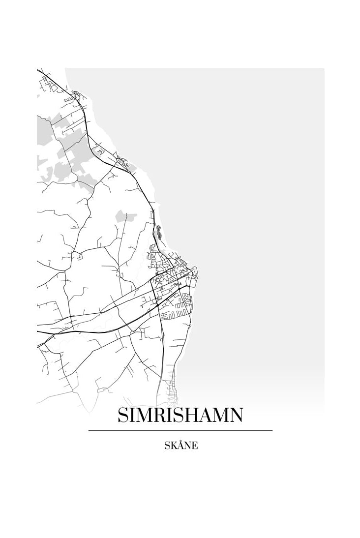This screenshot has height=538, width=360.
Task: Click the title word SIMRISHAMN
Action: [x=180, y=416]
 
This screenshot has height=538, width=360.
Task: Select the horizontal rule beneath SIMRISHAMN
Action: [x=180, y=431]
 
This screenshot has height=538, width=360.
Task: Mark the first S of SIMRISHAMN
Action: [x=123, y=416]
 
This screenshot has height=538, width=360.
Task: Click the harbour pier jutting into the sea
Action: [x=196, y=271]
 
